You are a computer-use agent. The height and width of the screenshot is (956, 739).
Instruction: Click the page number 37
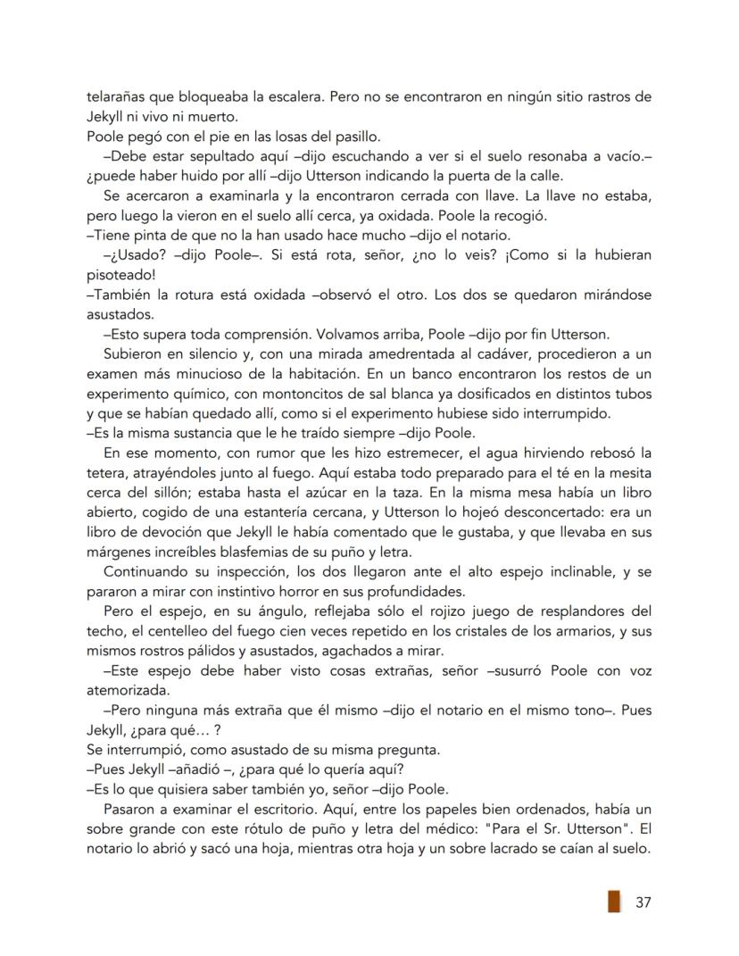click(643, 902)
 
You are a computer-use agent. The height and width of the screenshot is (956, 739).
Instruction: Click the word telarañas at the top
click(117, 96)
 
